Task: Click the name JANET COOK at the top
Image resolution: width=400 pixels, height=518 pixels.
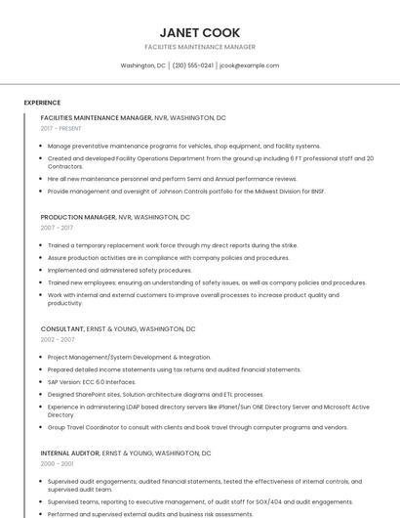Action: coord(199,32)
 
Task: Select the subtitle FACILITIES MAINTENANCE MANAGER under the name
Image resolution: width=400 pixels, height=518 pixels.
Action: coord(199,47)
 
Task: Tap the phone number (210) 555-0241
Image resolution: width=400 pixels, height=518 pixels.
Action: coord(192,65)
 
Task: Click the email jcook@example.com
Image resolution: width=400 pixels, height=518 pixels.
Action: coord(249,65)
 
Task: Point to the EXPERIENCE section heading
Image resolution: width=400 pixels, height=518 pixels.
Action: coord(42,103)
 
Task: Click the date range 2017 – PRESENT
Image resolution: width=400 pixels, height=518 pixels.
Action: coord(61,128)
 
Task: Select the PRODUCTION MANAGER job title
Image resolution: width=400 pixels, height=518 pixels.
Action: coord(77,217)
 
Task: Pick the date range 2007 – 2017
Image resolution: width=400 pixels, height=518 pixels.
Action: coord(57,227)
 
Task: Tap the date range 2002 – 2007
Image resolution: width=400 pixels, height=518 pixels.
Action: coord(58,339)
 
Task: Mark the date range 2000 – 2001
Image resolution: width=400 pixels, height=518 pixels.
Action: coord(57,464)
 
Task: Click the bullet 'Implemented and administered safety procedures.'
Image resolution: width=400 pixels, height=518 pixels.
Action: coord(119,270)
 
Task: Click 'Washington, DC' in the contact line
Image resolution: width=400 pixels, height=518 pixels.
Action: coord(142,65)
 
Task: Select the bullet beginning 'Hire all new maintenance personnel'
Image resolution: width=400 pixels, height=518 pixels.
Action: coord(172,179)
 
